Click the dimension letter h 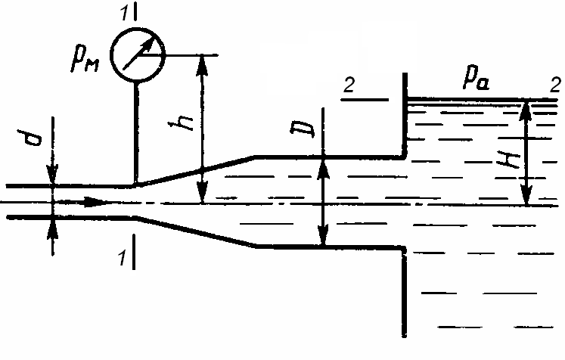pyautogui.click(x=182, y=123)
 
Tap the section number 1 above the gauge pyautogui.click(x=125, y=13)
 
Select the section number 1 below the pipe pyautogui.click(x=123, y=257)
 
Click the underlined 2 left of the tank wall pyautogui.click(x=349, y=85)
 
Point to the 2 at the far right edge pyautogui.click(x=555, y=85)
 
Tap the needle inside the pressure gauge pyautogui.click(x=138, y=54)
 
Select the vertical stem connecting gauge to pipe pyautogui.click(x=136, y=133)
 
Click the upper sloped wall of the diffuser pyautogui.click(x=194, y=171)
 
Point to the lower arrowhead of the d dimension pyautogui.click(x=53, y=228)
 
